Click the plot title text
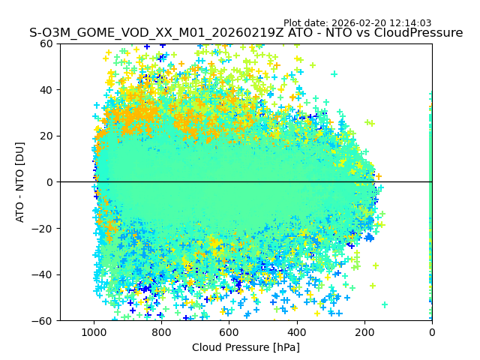[x=246, y=33]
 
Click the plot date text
[x=357, y=23]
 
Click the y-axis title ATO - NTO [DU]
[x=21, y=182]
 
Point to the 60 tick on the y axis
[x=46, y=43]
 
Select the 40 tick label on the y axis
[x=46, y=90]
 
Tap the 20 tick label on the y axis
[x=46, y=136]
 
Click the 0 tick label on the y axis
[x=49, y=182]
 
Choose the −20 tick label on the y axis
[x=43, y=229]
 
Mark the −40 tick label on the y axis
[x=43, y=274]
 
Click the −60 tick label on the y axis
[x=43, y=321]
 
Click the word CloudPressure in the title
[x=421, y=33]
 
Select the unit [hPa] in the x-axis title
[x=285, y=347]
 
